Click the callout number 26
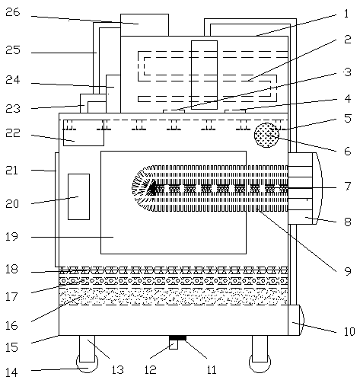[x=13, y=12]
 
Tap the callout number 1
[x=346, y=14]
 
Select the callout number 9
[x=348, y=271]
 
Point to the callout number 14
[x=12, y=372]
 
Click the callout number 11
[x=212, y=369]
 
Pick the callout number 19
[x=12, y=236]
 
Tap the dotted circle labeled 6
[x=266, y=135]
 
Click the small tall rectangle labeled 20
[x=78, y=196]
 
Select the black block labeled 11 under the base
[x=177, y=338]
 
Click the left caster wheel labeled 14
[x=87, y=363]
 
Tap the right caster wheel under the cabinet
[x=260, y=363]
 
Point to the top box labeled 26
[x=145, y=25]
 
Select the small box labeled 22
[x=84, y=133]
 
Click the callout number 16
[x=12, y=325]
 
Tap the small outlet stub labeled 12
[x=174, y=345]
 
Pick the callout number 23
[x=13, y=108]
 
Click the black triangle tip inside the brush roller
[x=152, y=188]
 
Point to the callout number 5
[x=348, y=118]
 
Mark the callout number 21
[x=12, y=171]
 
